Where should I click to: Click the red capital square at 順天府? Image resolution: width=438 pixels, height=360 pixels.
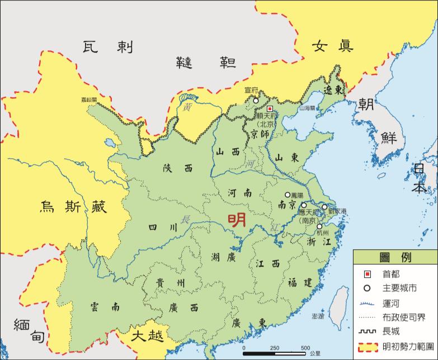pyautogui.click(x=269, y=109)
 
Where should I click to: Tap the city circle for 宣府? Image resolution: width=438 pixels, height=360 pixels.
pyautogui.click(x=256, y=101)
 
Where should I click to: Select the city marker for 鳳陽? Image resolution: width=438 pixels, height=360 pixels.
pyautogui.click(x=288, y=195)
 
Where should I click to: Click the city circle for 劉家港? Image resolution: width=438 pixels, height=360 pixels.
pyautogui.click(x=324, y=207)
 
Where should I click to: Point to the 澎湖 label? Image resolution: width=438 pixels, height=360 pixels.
pyautogui.click(x=318, y=316)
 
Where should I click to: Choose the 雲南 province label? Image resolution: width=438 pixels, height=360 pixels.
pyautogui.click(x=104, y=306)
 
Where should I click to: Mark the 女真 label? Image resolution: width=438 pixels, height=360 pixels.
pyautogui.click(x=333, y=46)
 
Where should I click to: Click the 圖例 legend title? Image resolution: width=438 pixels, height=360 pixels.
pyautogui.click(x=395, y=258)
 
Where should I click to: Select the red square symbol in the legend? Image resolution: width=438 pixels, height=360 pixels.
pyautogui.click(x=367, y=274)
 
